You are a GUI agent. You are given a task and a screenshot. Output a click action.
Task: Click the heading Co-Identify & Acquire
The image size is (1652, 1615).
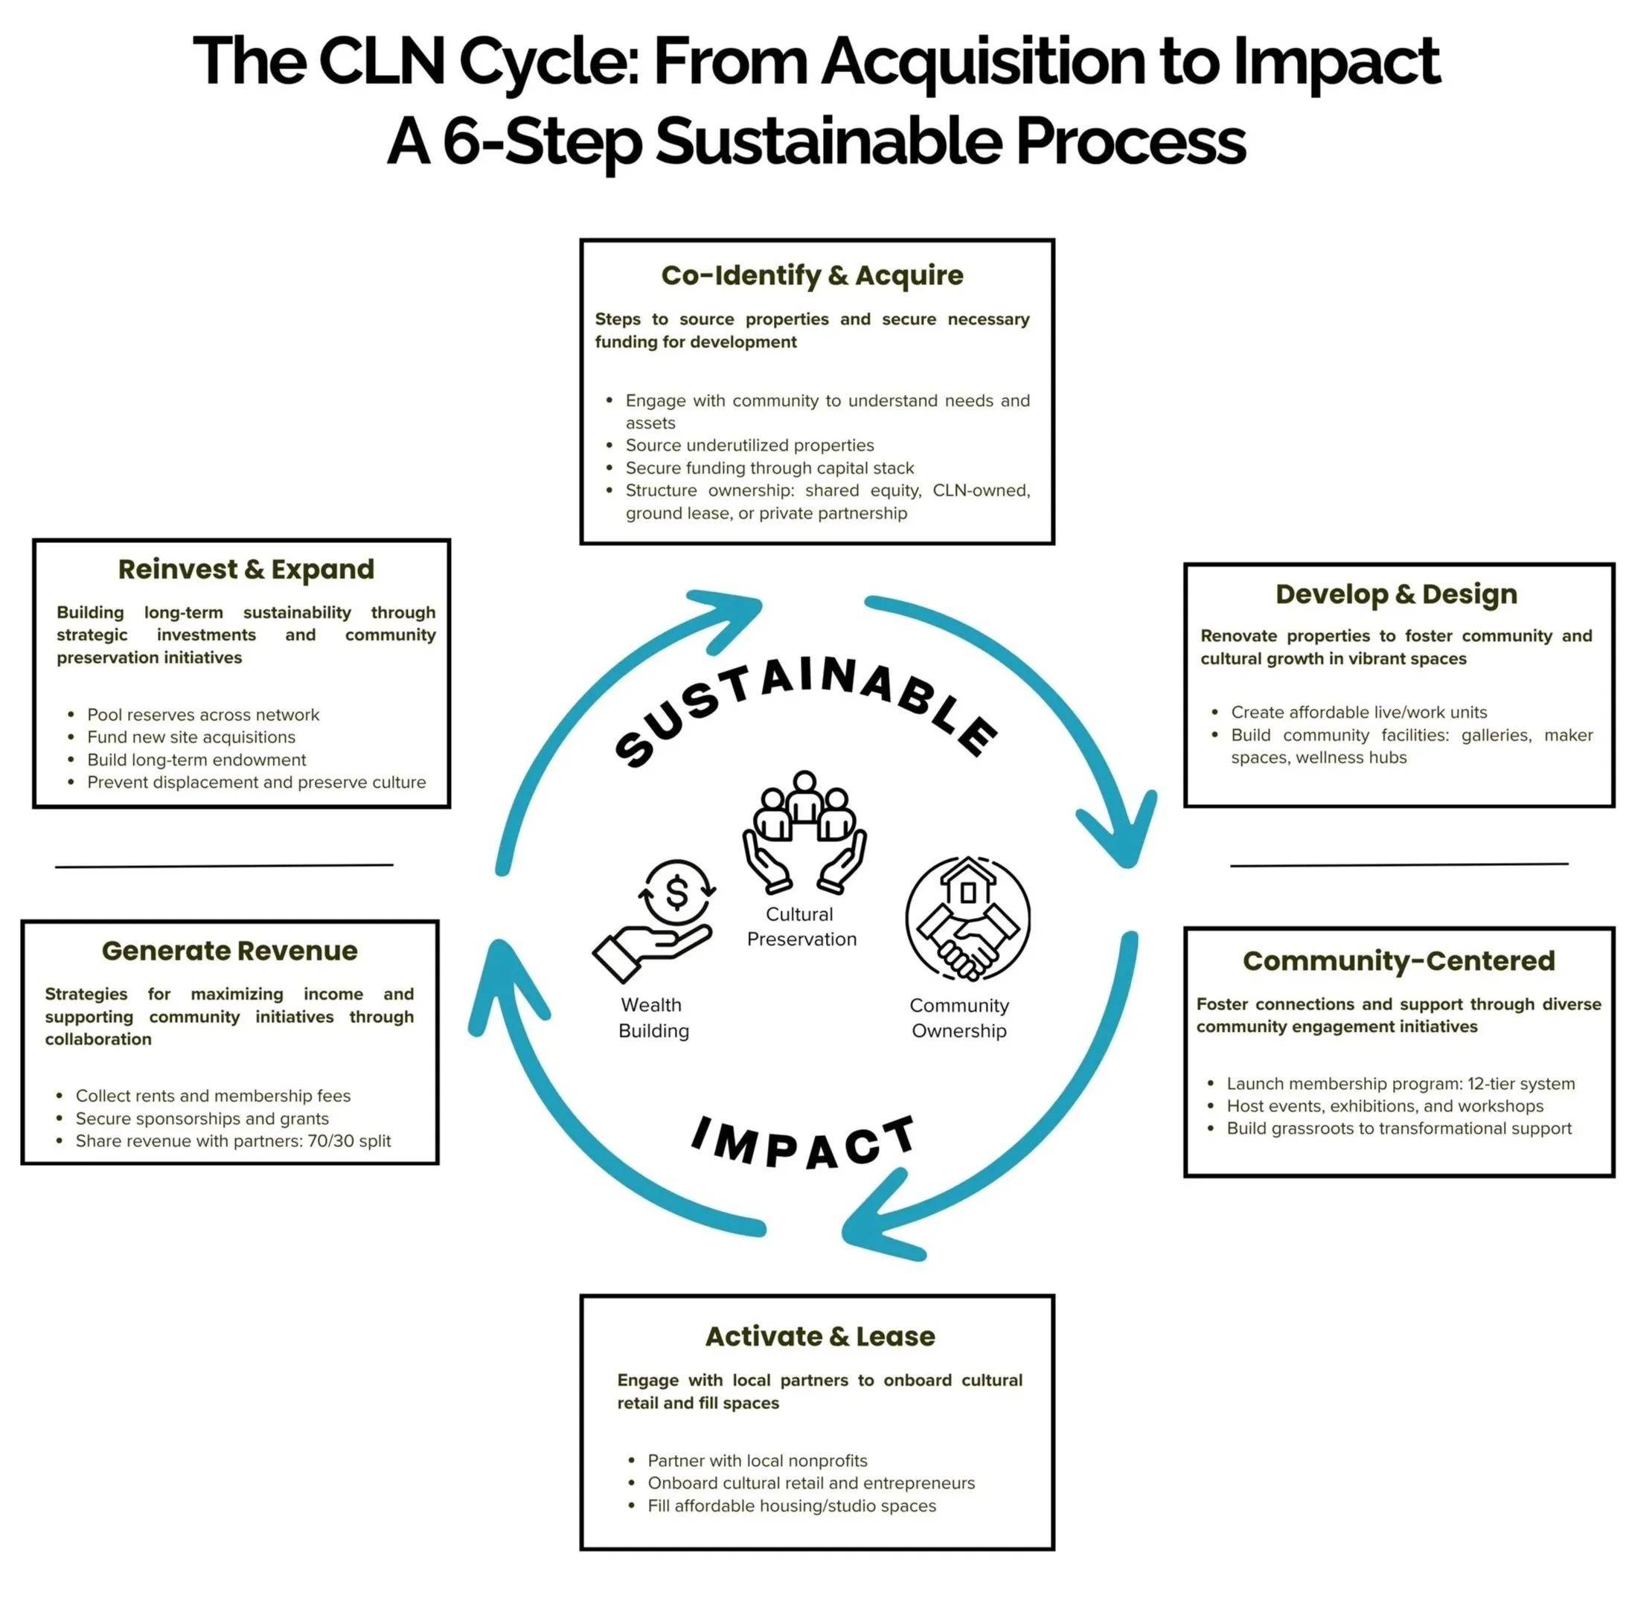(812, 276)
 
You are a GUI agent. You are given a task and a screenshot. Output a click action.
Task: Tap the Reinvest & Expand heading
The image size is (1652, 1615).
(246, 569)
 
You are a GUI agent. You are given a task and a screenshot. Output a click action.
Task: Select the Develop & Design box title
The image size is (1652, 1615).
(1396, 594)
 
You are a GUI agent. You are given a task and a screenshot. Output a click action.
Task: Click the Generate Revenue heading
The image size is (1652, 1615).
(230, 951)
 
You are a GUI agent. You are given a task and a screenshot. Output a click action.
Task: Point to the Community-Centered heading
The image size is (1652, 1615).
(1398, 960)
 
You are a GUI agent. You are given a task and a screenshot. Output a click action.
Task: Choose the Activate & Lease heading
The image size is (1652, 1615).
(819, 1336)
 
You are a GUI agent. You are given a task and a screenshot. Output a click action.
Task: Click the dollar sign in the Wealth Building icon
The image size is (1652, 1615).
(677, 893)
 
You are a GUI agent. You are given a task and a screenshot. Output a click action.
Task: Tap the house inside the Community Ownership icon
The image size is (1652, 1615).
(967, 884)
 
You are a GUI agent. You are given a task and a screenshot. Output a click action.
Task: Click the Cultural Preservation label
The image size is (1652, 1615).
(801, 926)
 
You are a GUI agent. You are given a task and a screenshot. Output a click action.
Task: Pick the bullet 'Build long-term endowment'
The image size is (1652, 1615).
(196, 760)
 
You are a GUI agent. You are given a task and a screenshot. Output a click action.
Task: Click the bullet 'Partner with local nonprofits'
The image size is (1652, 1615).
(757, 1460)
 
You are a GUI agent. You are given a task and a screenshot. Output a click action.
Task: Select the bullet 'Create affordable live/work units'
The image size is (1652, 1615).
(1358, 713)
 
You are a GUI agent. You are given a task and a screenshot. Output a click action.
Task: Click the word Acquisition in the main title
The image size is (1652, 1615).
(982, 61)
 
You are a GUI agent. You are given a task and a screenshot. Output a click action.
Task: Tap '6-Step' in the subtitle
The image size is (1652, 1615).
(540, 141)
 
